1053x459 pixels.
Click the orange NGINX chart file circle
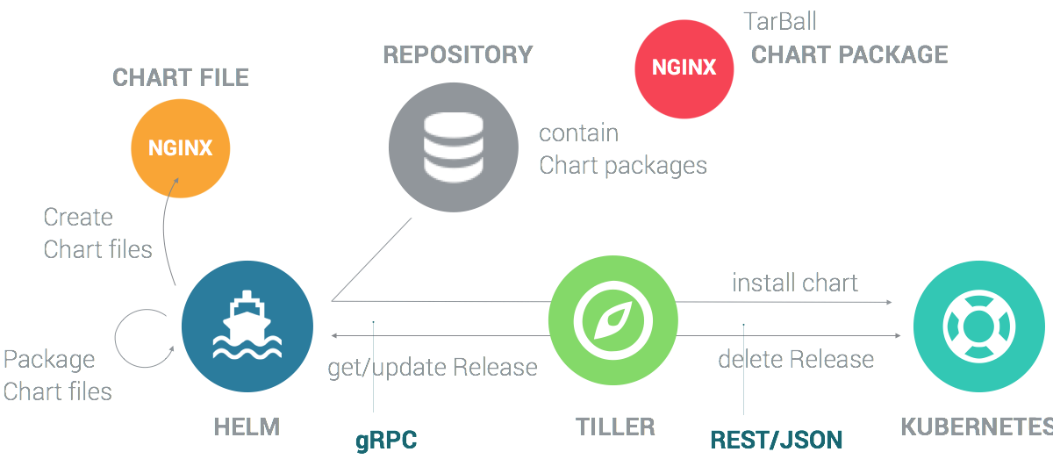180,147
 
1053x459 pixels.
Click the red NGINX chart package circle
684,68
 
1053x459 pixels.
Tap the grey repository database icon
448,148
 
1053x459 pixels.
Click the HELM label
247,427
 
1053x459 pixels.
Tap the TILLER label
615,427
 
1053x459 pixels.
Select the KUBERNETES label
975,427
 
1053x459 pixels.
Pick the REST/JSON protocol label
776,440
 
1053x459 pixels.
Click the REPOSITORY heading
457,54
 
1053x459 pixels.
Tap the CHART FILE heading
181,77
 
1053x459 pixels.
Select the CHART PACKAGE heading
849,54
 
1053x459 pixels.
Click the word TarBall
780,21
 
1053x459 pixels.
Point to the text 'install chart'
795,283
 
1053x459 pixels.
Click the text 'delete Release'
796,359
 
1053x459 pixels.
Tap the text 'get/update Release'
433,367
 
